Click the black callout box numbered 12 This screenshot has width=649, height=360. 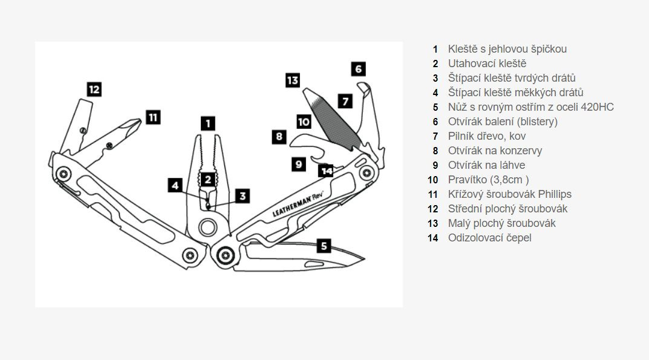point(94,90)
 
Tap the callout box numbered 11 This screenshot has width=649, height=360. point(153,117)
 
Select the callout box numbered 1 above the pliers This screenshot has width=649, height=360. point(207,123)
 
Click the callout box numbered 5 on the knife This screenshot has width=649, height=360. point(324,246)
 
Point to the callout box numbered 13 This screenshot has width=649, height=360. point(293,80)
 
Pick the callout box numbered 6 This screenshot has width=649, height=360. point(358,68)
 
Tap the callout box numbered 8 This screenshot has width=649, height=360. point(279,137)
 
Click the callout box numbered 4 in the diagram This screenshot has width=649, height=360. point(175,185)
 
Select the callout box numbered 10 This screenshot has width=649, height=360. point(304,122)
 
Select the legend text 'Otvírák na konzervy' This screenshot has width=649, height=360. point(495,151)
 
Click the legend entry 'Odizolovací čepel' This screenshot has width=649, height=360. point(489,238)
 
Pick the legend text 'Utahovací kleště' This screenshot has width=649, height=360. point(487,64)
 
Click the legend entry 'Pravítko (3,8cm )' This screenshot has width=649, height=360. point(488,180)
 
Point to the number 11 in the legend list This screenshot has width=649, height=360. point(432,194)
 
